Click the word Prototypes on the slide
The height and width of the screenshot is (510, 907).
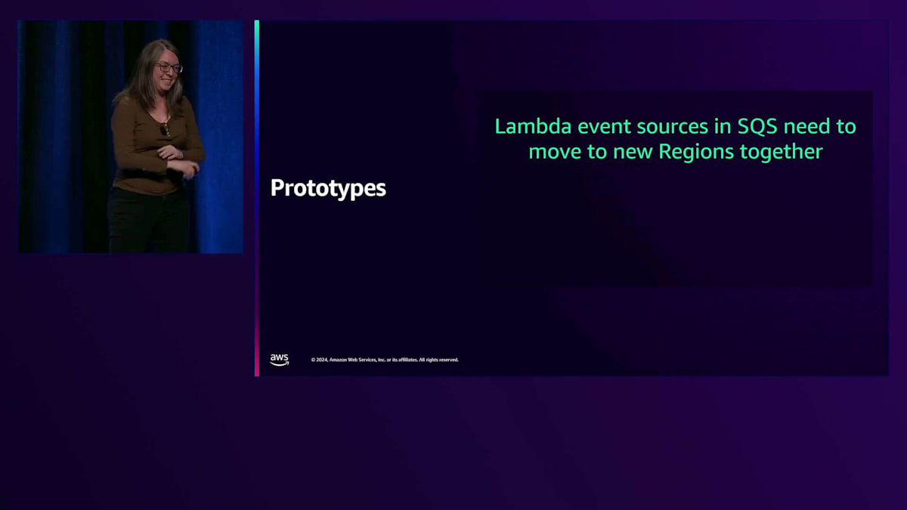click(x=328, y=189)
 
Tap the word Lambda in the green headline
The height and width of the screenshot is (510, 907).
click(x=533, y=126)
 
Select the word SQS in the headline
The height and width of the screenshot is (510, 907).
click(x=757, y=126)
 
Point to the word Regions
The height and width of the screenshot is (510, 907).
click(x=696, y=152)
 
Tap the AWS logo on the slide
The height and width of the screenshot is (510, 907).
click(x=280, y=360)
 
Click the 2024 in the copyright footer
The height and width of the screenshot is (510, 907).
click(x=321, y=360)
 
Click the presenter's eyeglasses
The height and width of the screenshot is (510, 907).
click(x=169, y=68)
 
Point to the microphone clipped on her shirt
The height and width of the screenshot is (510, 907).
click(x=163, y=129)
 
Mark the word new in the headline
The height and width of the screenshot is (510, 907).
click(x=633, y=152)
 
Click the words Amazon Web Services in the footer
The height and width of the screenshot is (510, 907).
click(x=353, y=360)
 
